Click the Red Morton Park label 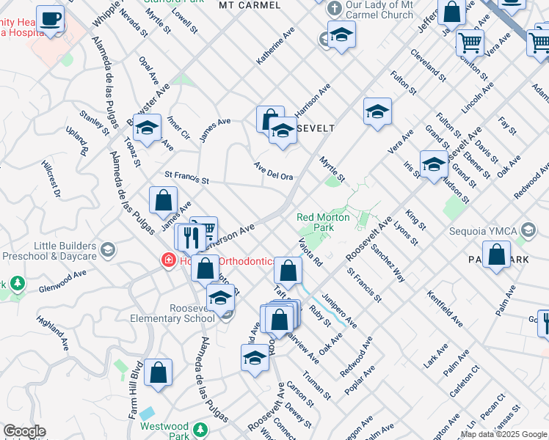(316, 221)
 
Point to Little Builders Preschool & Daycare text (49, 251)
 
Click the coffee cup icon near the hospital (51, 20)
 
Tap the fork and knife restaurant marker (190, 237)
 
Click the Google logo (24, 431)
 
